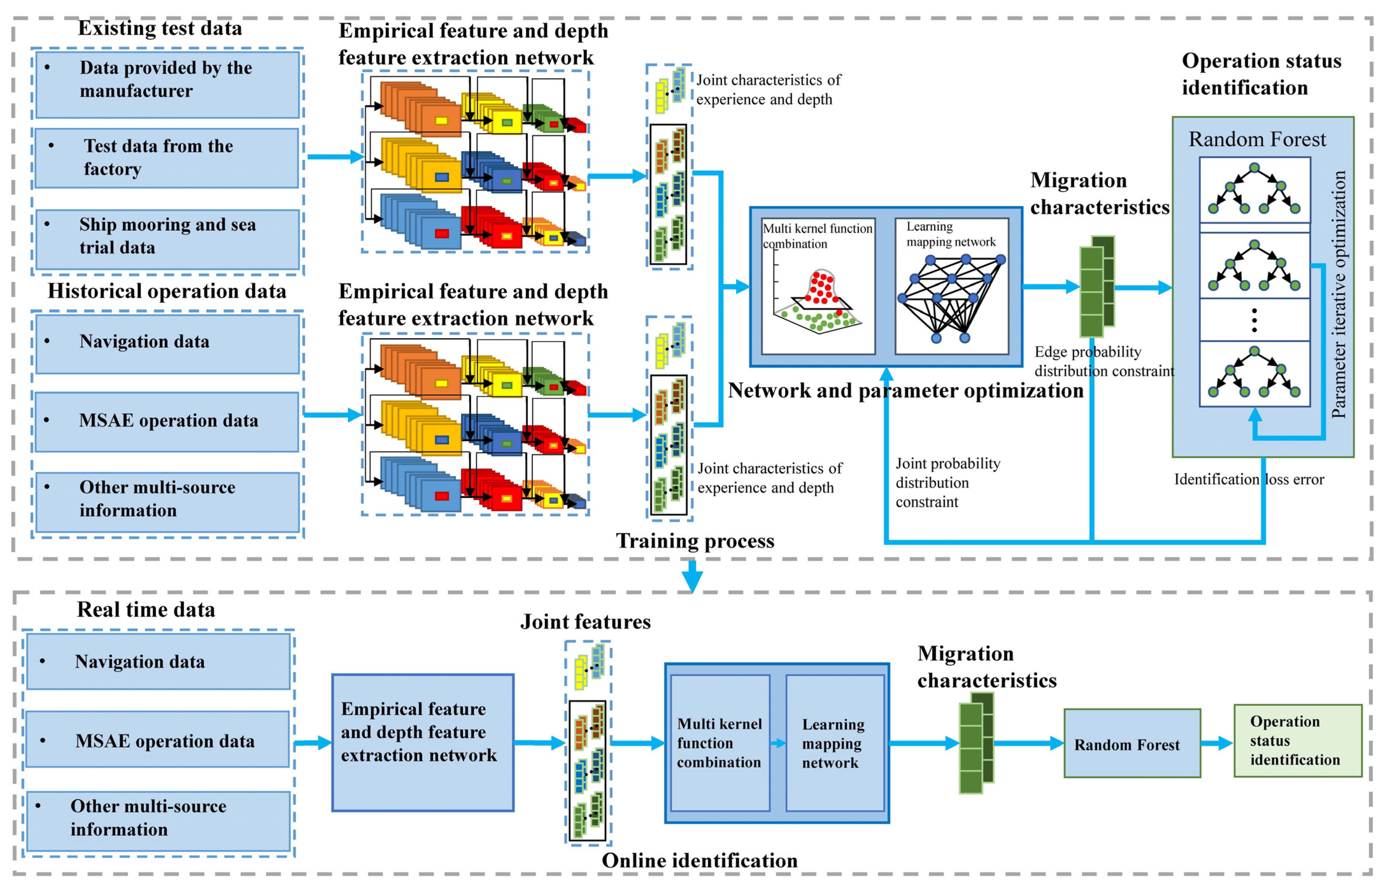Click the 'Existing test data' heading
coord(160,28)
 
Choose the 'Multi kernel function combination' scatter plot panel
coord(818,286)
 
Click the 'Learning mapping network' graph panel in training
coord(952,286)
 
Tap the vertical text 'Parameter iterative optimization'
coord(1339,294)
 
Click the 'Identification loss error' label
coord(1249,479)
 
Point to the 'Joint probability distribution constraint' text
coord(947,483)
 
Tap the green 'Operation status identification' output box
coord(1297,741)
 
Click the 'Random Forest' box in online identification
coord(1132,744)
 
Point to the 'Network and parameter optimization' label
coord(905,391)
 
